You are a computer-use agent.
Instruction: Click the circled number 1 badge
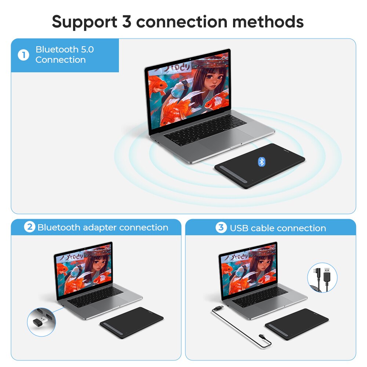pyautogui.click(x=23, y=55)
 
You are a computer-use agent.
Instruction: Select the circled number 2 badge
pyautogui.click(x=30, y=228)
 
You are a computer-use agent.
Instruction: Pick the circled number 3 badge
pyautogui.click(x=221, y=228)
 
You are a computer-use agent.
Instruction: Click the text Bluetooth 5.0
pyautogui.click(x=65, y=50)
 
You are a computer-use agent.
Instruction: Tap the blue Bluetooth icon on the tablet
pyautogui.click(x=262, y=161)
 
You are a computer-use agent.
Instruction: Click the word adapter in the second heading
pyautogui.click(x=99, y=228)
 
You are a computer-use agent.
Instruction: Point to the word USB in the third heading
pyautogui.click(x=239, y=228)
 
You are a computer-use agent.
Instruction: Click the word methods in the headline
pyautogui.click(x=268, y=22)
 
